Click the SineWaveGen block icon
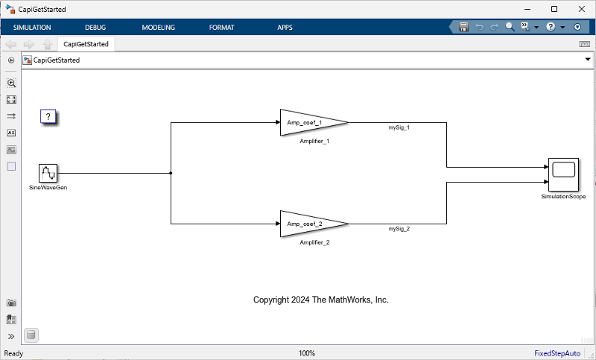click(48, 173)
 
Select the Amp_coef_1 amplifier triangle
click(309, 122)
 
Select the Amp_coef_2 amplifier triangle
click(309, 224)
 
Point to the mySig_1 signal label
click(399, 127)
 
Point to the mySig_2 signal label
click(399, 229)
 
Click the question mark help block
click(48, 116)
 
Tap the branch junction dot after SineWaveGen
click(171, 173)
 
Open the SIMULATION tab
click(32, 28)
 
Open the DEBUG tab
click(95, 28)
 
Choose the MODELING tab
click(158, 28)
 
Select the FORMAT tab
click(222, 28)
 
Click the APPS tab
click(285, 28)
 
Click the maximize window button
click(554, 9)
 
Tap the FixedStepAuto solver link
click(557, 353)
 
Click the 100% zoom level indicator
click(307, 353)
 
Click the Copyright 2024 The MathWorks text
click(321, 300)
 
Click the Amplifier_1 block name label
click(314, 141)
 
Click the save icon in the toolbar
click(463, 27)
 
